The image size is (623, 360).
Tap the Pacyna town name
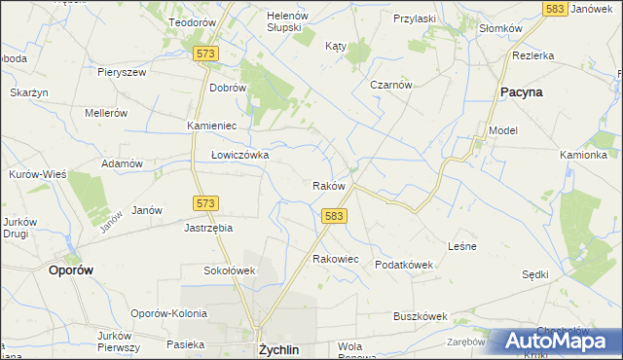click(521, 91)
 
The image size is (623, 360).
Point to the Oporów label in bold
click(71, 271)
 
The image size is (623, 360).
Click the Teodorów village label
click(192, 21)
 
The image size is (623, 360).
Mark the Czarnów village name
click(392, 85)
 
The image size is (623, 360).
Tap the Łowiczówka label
click(239, 155)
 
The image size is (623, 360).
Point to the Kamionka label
click(584, 155)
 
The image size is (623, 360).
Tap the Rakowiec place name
click(336, 259)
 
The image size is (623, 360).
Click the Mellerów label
click(106, 113)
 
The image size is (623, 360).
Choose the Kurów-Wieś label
click(38, 174)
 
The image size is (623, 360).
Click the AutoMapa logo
click(558, 341)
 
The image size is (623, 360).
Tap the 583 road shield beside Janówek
click(556, 8)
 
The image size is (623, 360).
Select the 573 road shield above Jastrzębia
click(204, 202)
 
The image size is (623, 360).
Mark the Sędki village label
click(535, 274)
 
